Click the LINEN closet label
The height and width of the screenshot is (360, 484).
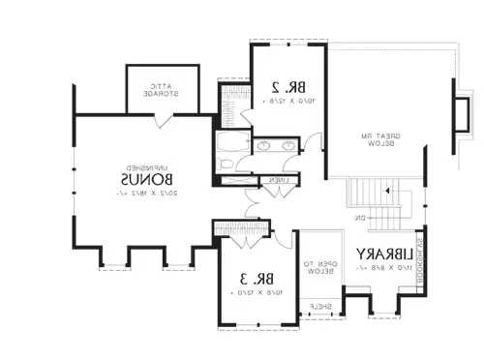(278, 180)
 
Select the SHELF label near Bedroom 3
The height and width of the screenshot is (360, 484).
(319, 307)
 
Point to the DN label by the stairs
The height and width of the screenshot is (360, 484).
(359, 217)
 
